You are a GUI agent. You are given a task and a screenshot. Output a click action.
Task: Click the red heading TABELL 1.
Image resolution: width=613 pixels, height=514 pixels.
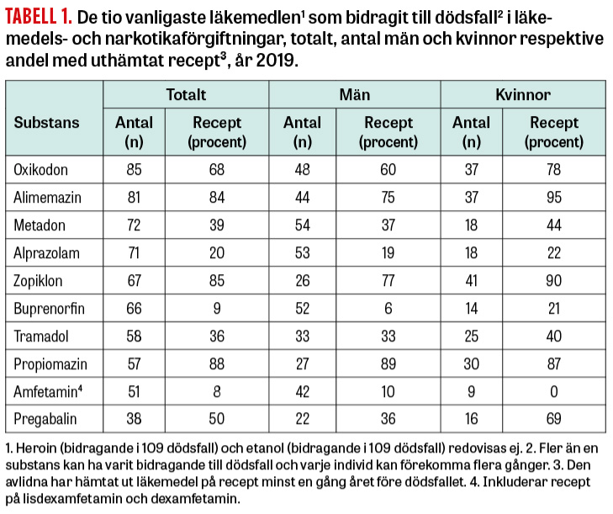click(39, 17)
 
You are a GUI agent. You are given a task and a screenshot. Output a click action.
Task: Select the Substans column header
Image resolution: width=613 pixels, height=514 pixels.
click(46, 123)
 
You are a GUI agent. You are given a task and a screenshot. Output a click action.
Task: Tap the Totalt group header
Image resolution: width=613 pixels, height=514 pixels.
click(186, 95)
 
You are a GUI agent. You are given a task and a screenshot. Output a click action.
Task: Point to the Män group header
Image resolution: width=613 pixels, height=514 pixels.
click(355, 95)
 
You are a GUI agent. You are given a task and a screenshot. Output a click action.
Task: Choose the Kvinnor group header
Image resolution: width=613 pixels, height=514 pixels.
click(523, 95)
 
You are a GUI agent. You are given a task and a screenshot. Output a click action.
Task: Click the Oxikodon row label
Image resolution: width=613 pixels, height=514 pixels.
click(40, 170)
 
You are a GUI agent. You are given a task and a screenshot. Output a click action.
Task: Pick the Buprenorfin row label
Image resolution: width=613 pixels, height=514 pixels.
click(50, 309)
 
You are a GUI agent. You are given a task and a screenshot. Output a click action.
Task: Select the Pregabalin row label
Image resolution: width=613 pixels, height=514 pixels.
click(45, 419)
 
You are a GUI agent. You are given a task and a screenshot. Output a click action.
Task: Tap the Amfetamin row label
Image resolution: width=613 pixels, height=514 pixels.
click(48, 391)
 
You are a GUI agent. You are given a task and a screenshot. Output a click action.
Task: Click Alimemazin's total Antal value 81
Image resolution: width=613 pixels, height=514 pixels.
click(134, 197)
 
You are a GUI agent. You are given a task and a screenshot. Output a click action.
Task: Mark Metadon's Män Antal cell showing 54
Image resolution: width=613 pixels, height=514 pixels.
click(302, 225)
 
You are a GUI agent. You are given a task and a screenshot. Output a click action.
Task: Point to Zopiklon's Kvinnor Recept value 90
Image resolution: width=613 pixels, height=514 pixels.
click(554, 280)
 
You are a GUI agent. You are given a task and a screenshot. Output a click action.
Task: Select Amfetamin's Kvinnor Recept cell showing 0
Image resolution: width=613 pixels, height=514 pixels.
click(554, 391)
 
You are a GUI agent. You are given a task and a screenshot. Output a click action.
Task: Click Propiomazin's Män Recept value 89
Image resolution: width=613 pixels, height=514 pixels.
click(388, 363)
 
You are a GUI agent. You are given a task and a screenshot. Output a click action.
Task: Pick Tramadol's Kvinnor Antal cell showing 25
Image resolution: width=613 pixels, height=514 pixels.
click(471, 336)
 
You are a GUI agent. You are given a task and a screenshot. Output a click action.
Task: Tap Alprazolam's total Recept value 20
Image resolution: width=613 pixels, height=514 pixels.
click(217, 252)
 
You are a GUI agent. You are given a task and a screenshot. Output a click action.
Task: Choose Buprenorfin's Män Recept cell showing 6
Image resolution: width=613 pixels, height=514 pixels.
click(388, 308)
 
